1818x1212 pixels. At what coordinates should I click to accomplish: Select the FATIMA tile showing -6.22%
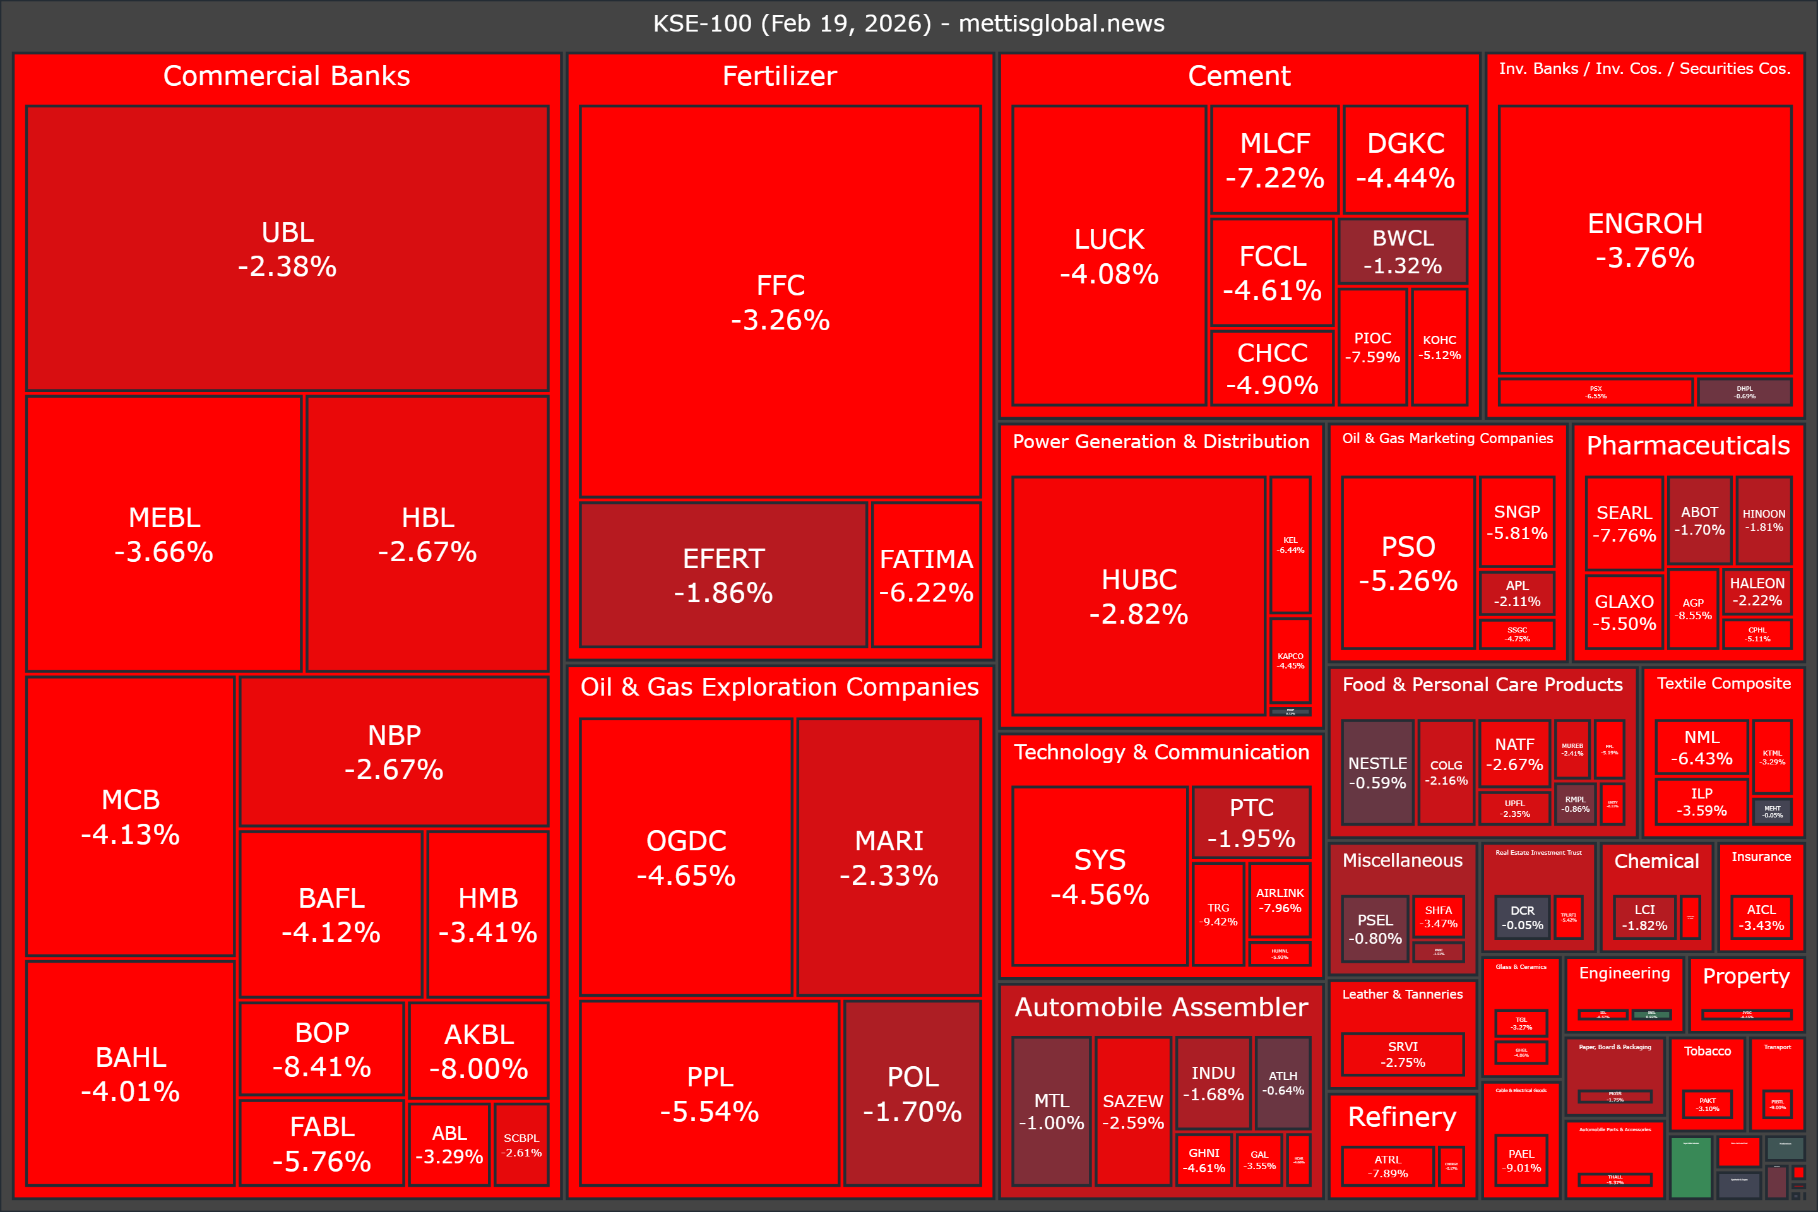pos(926,574)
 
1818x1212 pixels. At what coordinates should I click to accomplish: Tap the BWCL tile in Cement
pos(1402,251)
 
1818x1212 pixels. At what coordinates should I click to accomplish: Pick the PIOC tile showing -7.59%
pos(1372,347)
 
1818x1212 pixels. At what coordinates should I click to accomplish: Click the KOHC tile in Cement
pos(1439,347)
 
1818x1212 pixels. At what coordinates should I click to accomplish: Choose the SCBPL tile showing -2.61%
pos(522,1144)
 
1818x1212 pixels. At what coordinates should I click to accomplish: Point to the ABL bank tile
pos(449,1144)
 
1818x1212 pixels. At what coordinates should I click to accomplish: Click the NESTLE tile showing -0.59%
pos(1377,772)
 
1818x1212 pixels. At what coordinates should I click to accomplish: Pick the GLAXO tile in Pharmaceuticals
pos(1624,612)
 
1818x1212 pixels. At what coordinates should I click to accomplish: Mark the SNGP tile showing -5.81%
pos(1516,522)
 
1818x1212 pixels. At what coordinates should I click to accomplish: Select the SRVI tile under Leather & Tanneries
pos(1402,1054)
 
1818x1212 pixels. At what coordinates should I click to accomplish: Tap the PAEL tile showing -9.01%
pos(1521,1160)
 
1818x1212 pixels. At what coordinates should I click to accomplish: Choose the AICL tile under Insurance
pos(1761,917)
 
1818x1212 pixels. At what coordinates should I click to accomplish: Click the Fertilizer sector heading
pos(779,76)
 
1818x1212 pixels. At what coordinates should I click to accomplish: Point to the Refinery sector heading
pos(1401,1116)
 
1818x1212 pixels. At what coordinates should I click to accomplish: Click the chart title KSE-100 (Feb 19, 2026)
pos(908,23)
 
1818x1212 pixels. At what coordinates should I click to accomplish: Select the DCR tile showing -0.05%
pos(1522,917)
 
